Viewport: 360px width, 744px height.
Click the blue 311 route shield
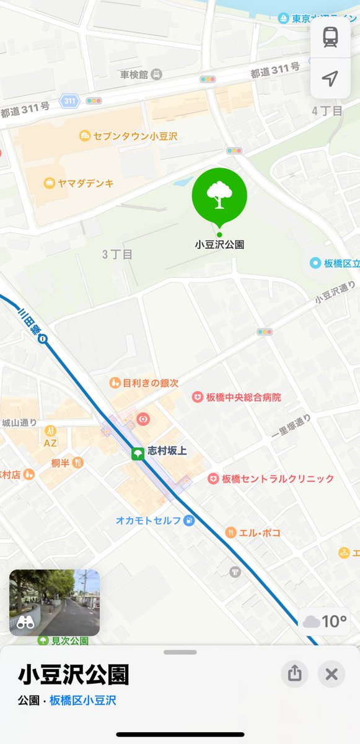click(x=70, y=100)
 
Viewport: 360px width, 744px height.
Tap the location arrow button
click(x=330, y=78)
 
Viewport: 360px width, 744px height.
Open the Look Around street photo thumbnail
click(x=55, y=603)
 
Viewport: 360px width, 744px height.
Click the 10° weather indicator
click(x=325, y=621)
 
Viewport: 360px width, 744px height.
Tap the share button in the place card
click(x=294, y=674)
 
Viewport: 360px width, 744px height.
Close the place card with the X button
click(x=331, y=674)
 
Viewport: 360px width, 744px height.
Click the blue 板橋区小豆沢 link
click(x=82, y=701)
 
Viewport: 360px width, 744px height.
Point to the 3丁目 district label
click(x=118, y=254)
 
